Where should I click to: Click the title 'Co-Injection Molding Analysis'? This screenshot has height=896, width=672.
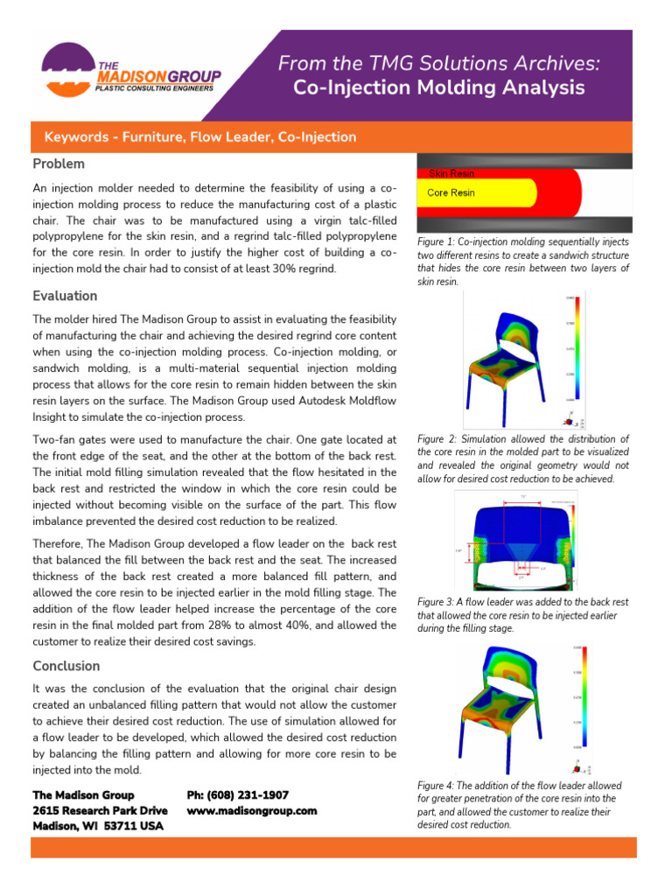pyautogui.click(x=438, y=87)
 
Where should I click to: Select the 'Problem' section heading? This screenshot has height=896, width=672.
pyautogui.click(x=59, y=164)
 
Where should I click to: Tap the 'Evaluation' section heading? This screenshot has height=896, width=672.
pyautogui.click(x=65, y=296)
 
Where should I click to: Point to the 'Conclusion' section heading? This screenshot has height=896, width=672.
pyautogui.click(x=66, y=666)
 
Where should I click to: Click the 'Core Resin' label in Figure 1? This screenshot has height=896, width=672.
pyautogui.click(x=451, y=192)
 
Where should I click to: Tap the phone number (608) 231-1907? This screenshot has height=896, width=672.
pyautogui.click(x=237, y=794)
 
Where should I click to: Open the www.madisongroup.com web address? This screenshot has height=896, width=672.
pyautogui.click(x=252, y=810)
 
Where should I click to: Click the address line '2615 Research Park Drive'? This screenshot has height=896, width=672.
pyautogui.click(x=100, y=810)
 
